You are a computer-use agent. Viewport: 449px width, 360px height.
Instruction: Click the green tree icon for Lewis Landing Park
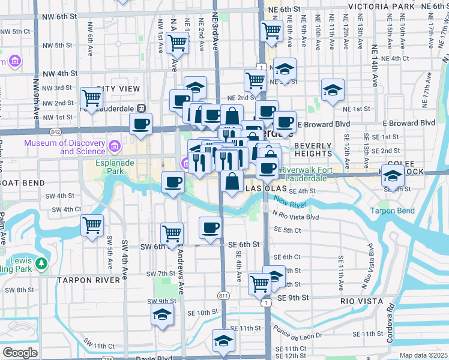[41, 263]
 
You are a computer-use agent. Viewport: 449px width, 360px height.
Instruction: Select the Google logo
[20, 353]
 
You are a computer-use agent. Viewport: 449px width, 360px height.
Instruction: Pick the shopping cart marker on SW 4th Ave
[92, 226]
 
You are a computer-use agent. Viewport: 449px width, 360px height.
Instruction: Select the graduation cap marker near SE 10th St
[162, 314]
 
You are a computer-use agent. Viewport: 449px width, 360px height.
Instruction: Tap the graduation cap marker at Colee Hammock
[393, 176]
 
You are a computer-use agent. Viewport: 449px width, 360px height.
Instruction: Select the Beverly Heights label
[313, 149]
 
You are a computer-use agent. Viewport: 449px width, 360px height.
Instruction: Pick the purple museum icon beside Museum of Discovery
[115, 145]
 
